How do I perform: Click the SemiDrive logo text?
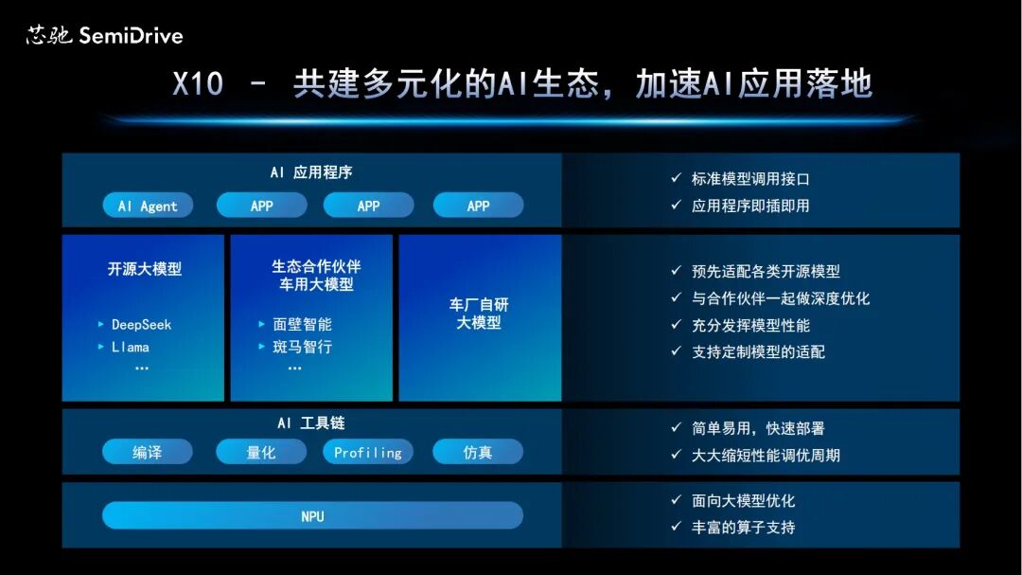[131, 36]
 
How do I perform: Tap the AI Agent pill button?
[147, 206]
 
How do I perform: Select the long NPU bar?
[312, 516]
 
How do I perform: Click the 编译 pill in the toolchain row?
[147, 452]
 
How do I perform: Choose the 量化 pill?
[261, 452]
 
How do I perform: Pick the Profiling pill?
[368, 452]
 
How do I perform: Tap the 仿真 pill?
[478, 452]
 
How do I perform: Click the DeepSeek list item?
[141, 324]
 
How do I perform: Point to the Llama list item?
[130, 347]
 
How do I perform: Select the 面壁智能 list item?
[302, 324]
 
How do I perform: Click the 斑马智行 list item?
[302, 347]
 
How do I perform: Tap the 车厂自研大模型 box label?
[479, 314]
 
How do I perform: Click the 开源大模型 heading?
[144, 269]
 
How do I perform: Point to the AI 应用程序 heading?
[311, 172]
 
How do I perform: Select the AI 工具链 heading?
[311, 422]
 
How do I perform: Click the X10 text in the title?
[198, 84]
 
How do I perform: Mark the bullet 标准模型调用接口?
[750, 179]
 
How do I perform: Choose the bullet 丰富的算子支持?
[743, 527]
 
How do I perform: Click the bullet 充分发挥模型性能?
[750, 325]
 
